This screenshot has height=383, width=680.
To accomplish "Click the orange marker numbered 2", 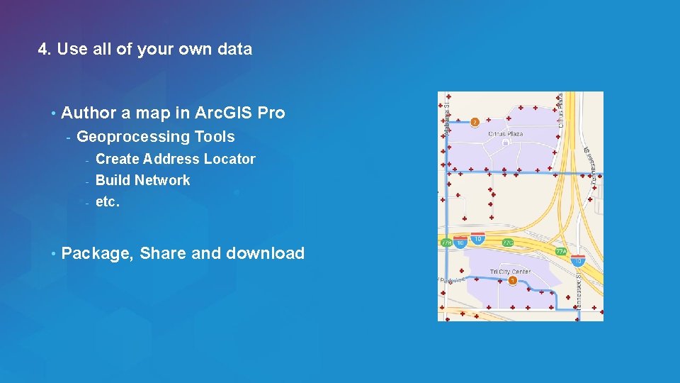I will point(475,121).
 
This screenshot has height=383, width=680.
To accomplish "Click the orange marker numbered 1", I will point(512,281).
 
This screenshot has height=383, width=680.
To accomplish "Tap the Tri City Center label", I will point(510,272).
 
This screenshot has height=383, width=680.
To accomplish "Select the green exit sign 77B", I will point(446,243).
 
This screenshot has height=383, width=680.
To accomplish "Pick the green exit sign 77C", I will point(508,243).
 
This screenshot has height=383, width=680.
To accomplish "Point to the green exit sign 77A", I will point(560,251).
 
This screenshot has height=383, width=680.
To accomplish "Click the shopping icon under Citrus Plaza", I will point(505,142).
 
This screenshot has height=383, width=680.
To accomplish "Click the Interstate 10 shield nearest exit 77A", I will point(578,261).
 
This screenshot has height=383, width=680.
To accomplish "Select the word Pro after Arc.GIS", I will point(271,113).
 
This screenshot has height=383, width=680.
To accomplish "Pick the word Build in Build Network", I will point(112,180).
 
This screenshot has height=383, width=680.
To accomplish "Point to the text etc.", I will point(108,201).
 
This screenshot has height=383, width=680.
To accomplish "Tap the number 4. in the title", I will point(45,49).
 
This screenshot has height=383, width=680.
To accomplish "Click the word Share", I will point(162,253).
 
